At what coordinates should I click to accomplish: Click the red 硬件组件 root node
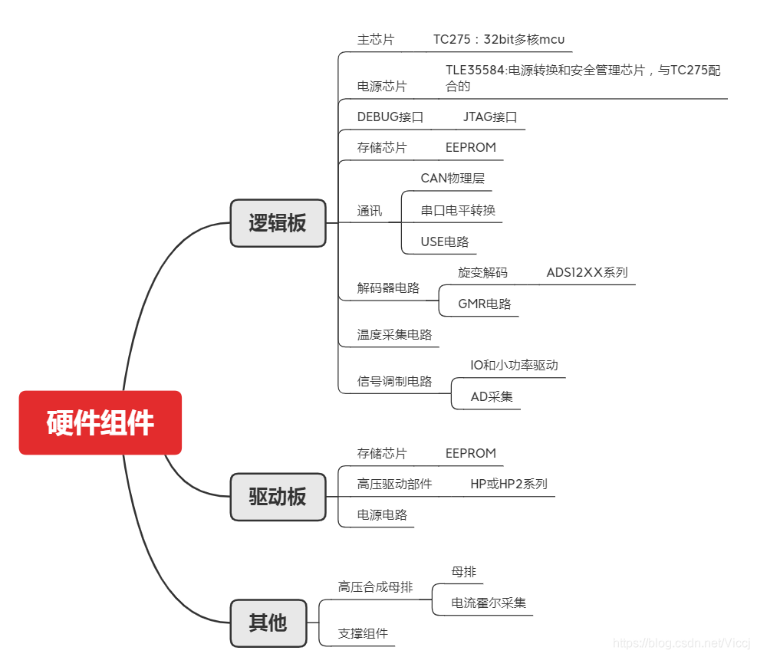(x=100, y=422)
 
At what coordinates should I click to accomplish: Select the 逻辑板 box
(x=278, y=223)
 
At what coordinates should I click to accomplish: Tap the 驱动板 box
(x=278, y=497)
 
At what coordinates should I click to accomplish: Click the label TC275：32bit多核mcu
(x=499, y=40)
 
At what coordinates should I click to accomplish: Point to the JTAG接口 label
(x=490, y=117)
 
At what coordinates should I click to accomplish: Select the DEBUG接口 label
(x=390, y=117)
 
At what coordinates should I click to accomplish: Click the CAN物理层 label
(x=453, y=179)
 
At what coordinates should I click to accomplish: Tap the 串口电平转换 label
(x=458, y=210)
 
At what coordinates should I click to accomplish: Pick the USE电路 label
(x=444, y=241)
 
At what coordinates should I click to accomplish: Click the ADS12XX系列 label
(x=587, y=272)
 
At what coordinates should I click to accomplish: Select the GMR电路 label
(x=485, y=304)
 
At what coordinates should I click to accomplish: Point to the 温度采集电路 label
(x=394, y=335)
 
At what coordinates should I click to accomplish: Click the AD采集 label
(x=492, y=396)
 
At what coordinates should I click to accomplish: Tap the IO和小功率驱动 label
(x=514, y=365)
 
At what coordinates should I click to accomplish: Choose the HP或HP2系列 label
(x=509, y=484)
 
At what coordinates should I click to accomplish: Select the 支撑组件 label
(x=363, y=633)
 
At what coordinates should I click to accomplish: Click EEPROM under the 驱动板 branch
(x=471, y=453)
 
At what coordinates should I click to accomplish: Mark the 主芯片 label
(x=376, y=40)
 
